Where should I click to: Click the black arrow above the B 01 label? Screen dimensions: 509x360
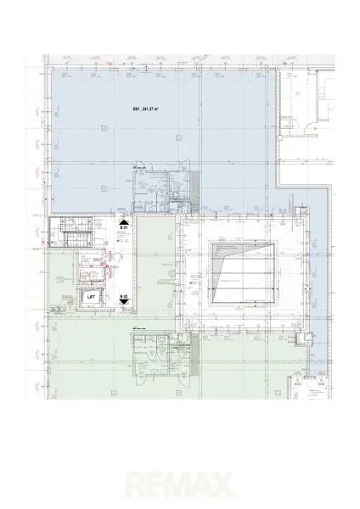point(123,220)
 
